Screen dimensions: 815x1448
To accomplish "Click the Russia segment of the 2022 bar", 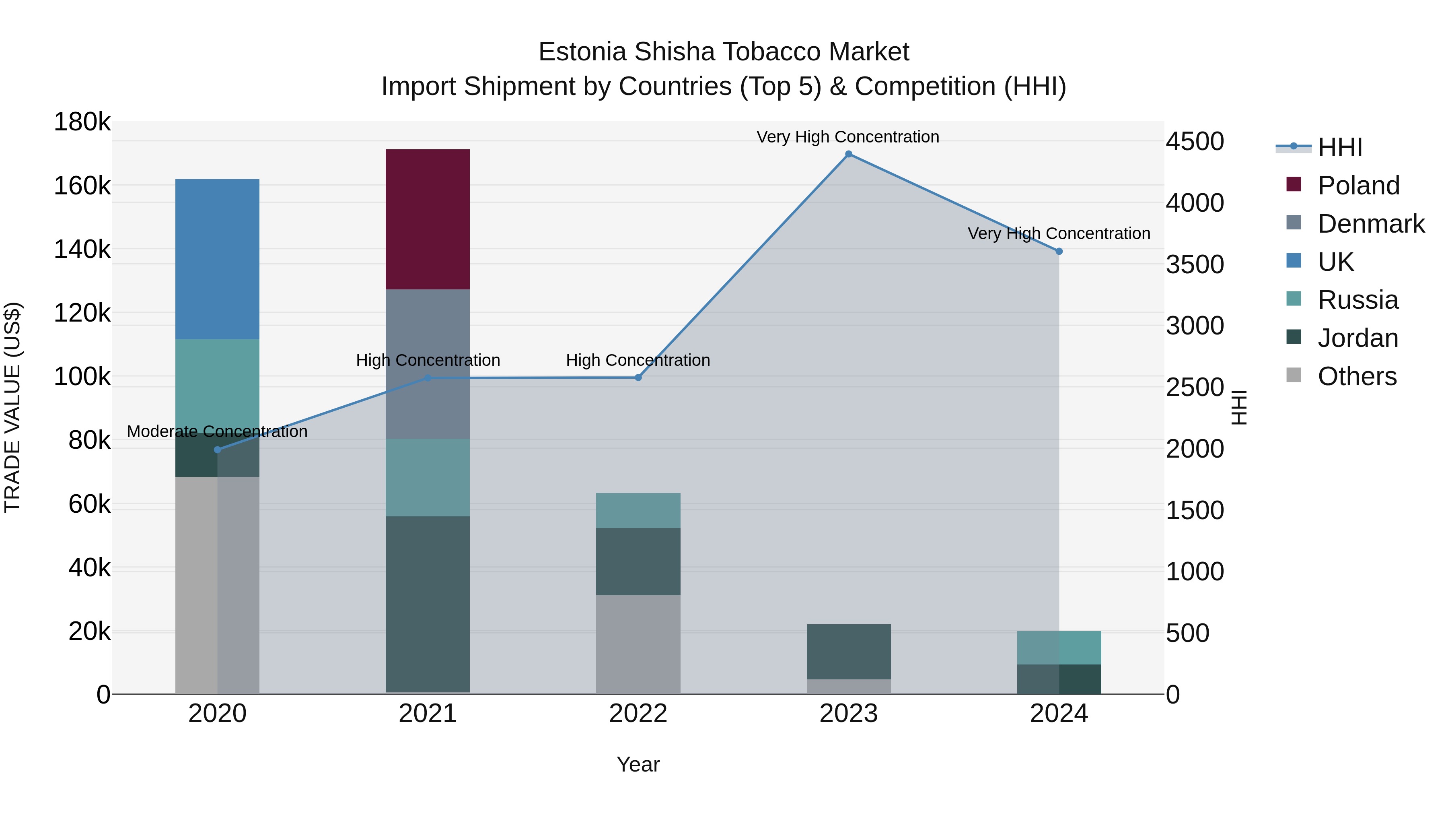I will click(x=638, y=510).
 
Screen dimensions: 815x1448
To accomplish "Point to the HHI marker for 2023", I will click(x=848, y=154).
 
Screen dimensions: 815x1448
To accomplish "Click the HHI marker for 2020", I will click(x=218, y=450).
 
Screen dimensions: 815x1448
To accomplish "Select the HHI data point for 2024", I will click(x=1059, y=252).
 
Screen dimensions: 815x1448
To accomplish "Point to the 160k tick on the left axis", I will click(x=82, y=186).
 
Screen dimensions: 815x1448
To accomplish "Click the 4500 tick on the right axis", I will click(x=1195, y=141).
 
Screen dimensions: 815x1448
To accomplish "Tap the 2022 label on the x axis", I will click(x=638, y=714).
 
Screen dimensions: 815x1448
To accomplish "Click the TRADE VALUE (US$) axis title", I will click(x=12, y=407).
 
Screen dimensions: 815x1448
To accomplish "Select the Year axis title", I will click(x=638, y=764).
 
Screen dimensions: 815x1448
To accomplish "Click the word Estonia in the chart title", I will click(x=582, y=52).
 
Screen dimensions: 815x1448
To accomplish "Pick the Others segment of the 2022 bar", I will click(x=638, y=644).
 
